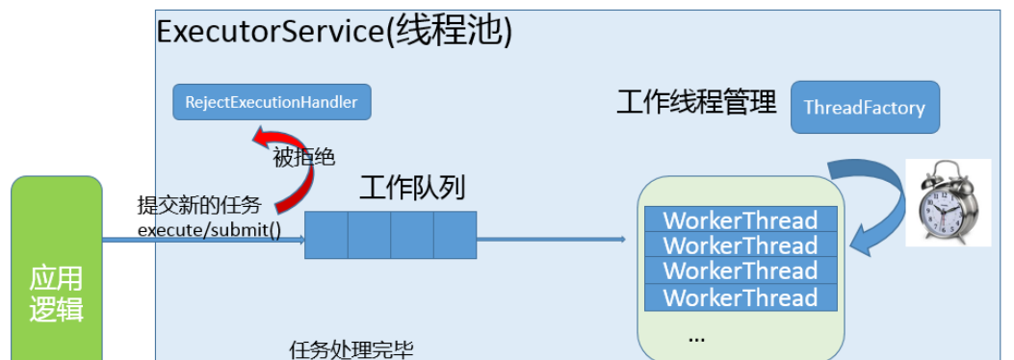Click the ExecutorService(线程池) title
333,32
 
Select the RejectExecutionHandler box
272,102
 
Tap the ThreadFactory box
864,108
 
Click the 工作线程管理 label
696,103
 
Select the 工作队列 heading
411,188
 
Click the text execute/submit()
209,230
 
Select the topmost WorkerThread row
740,219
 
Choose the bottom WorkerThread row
740,297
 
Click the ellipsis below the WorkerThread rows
696,337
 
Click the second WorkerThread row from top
740,245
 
